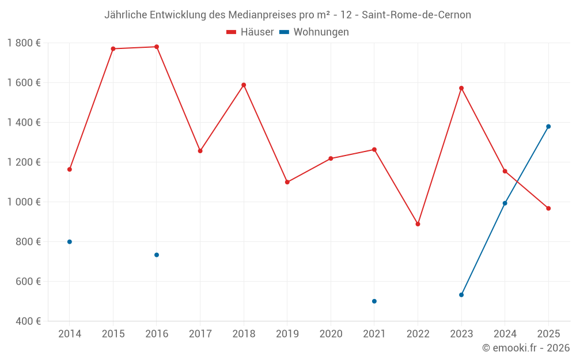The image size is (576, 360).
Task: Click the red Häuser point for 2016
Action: point(157,47)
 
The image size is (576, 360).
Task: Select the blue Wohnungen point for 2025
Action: point(548,127)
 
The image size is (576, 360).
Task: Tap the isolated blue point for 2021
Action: point(374,301)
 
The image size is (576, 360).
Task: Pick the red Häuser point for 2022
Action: point(418,224)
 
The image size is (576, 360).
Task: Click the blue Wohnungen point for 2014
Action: point(70,242)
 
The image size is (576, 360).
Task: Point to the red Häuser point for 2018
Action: point(244,85)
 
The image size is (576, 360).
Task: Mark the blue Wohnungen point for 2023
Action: point(461,295)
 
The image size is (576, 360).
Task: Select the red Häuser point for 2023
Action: point(461,88)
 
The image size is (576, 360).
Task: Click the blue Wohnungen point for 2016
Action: point(157,255)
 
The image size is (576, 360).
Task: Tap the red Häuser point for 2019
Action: point(287,182)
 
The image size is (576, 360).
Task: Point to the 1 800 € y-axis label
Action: point(24,43)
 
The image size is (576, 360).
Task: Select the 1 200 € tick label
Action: point(24,162)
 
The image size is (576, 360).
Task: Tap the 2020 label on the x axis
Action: point(331,334)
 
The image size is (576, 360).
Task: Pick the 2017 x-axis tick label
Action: point(200,334)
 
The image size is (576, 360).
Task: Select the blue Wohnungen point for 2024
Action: point(505,203)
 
